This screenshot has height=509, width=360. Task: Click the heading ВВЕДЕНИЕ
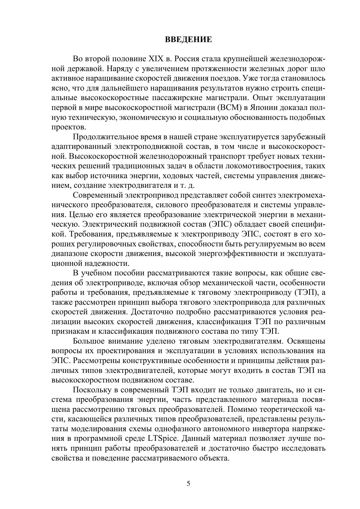[189, 39]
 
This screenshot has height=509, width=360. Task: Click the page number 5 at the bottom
[188, 483]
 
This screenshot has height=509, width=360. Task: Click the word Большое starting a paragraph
[88, 341]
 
